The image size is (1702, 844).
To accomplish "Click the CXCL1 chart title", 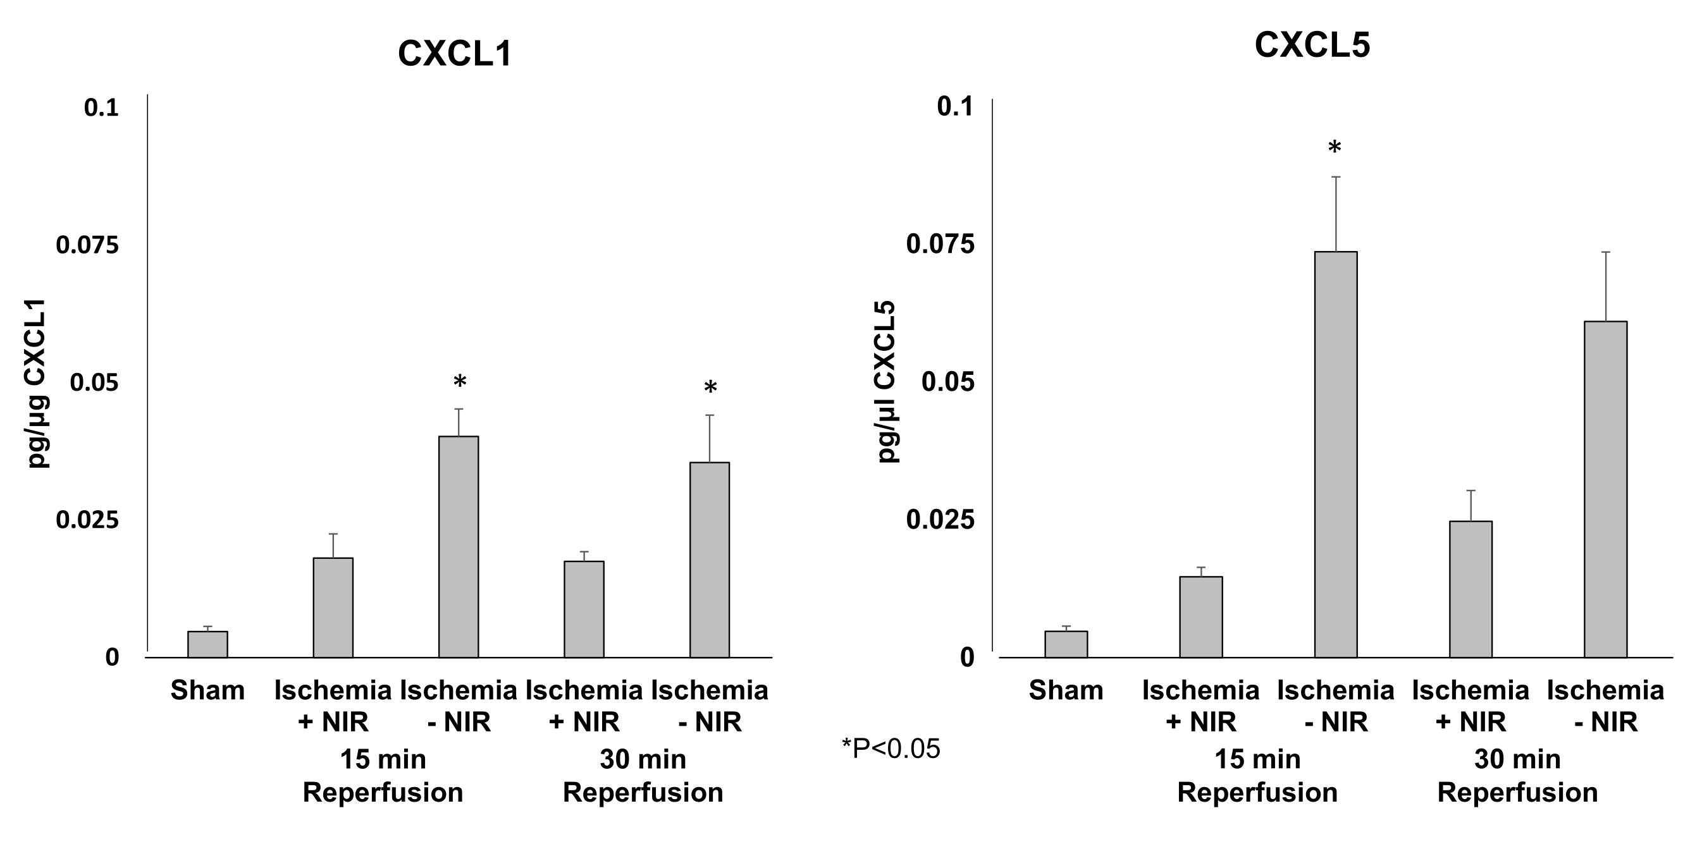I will coord(455,54).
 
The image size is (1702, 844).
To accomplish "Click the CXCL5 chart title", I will coord(1312,46).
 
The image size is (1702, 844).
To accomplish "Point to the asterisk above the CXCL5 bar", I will coord(1335,148).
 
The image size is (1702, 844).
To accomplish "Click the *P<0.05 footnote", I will coord(890,749).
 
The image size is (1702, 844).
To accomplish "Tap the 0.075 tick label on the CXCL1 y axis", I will coord(87,245).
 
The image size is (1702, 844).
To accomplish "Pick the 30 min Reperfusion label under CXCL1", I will coord(643,775).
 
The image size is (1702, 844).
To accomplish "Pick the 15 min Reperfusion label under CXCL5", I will coord(1257,775).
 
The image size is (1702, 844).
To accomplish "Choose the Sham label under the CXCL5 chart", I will coord(1066,691).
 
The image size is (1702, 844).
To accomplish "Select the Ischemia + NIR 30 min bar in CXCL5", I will coord(1470,589).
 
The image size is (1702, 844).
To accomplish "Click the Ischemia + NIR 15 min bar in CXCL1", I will coord(333,608).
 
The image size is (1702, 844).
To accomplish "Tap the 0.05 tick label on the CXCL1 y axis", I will coord(94,382).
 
